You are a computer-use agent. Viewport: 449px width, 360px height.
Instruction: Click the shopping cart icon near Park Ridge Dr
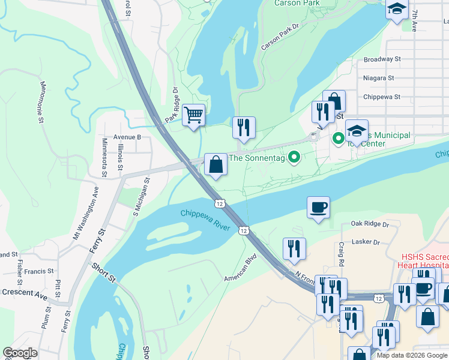click(193, 114)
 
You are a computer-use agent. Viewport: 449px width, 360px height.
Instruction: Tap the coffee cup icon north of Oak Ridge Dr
click(318, 208)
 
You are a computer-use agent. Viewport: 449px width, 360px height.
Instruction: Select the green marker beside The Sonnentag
click(294, 158)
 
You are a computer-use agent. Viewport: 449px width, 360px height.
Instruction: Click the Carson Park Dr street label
click(280, 37)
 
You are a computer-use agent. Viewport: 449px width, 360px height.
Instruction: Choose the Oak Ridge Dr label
click(370, 224)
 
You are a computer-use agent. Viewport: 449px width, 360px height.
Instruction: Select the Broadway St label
click(382, 59)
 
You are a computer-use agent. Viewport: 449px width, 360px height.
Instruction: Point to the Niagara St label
click(378, 78)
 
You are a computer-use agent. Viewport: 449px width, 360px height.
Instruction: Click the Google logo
click(20, 352)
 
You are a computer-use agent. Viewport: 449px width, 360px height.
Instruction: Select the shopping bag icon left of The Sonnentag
click(215, 164)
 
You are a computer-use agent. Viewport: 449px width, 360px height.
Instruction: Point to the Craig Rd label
click(340, 254)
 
